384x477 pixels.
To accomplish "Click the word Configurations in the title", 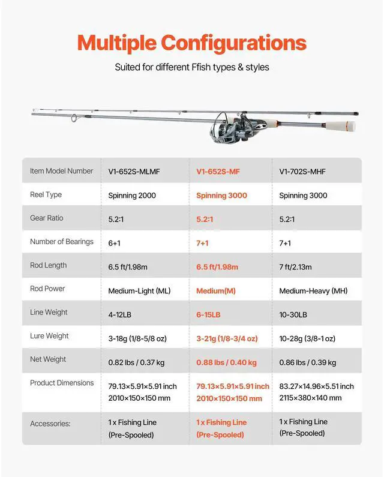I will pos(234,43).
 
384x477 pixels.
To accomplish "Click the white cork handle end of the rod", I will pos(347,127).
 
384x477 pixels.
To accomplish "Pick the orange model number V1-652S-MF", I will pos(218,172).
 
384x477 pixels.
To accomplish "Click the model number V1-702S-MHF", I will pos(302,172).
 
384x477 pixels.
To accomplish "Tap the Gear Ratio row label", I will pos(47,218).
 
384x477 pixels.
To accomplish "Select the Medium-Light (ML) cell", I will pos(139,291).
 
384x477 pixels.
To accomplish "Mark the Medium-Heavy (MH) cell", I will pos(313,291).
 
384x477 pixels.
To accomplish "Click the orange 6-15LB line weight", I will pos(208,315).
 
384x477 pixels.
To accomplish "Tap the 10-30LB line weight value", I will pos(293,315).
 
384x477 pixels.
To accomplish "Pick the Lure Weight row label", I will pos(49,336).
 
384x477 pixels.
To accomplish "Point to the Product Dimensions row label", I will pos(62,383).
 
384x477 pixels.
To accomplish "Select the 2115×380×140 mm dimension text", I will pos(310,398).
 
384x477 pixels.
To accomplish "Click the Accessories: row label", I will pos(50,424).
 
